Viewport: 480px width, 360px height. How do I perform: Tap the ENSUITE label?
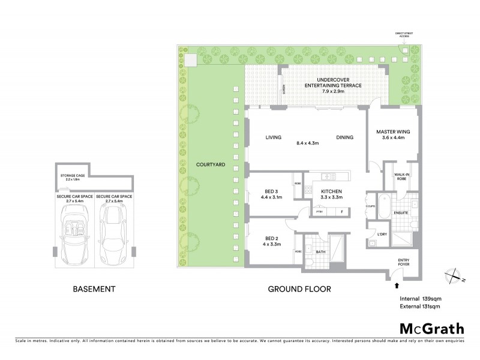pyautogui.click(x=401, y=212)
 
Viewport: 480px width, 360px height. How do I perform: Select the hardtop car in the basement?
pyautogui.click(x=113, y=233)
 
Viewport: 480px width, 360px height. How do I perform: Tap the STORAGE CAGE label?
pyautogui.click(x=73, y=177)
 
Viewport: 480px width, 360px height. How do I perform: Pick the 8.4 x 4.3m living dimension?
pyautogui.click(x=310, y=143)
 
